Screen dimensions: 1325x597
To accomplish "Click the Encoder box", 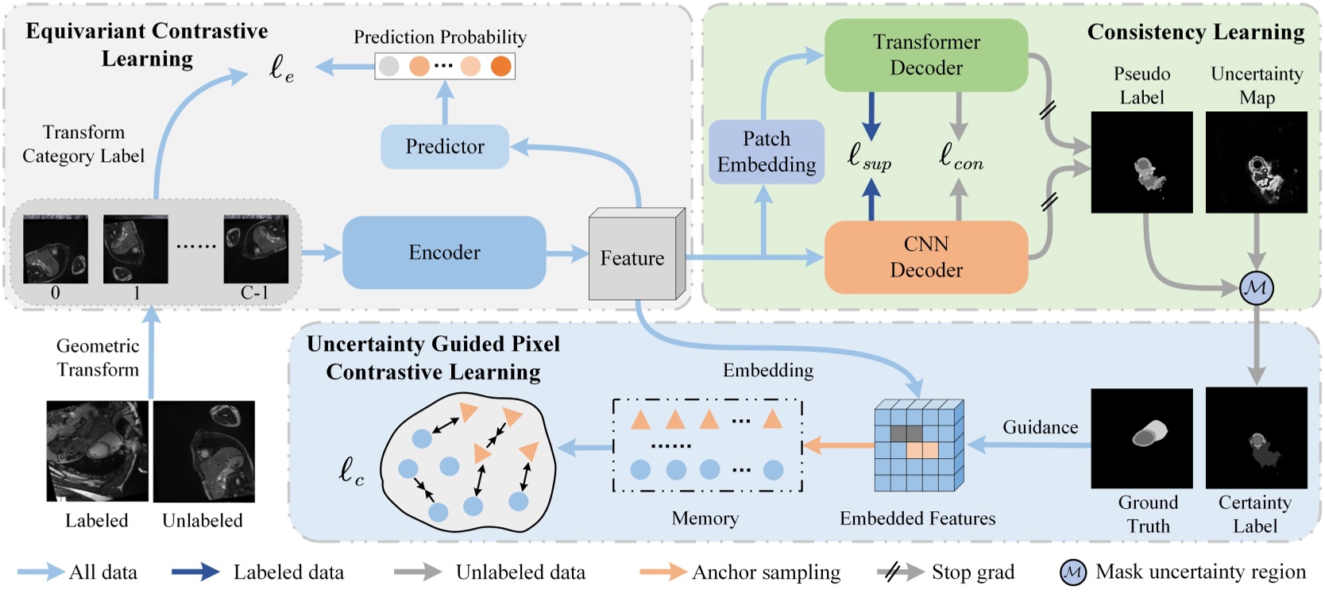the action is pos(444,252).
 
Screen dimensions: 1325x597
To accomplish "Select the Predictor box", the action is pos(445,147).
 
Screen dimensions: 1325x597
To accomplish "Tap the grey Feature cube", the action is pos(637,254).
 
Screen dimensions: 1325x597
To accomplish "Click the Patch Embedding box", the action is pos(767,152).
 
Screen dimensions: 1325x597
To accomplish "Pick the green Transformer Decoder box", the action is pos(926,55).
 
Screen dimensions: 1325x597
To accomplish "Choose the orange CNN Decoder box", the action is pos(926,257).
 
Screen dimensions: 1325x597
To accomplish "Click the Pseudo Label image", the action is pos(1142,162).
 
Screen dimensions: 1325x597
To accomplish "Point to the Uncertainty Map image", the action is pos(1257,162).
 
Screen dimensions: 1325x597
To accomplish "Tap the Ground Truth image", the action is pos(1142,438).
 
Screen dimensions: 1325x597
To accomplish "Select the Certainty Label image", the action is pos(1257,438).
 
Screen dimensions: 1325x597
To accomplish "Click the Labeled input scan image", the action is pos(98,451).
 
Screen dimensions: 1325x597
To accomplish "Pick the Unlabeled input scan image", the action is pos(204,451).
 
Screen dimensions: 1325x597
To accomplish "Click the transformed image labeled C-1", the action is pos(256,248).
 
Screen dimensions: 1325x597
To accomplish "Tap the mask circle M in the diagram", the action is pos(1257,288).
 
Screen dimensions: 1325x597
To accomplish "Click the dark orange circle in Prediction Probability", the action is pos(501,66).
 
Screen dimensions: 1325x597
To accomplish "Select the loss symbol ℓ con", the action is pos(961,157).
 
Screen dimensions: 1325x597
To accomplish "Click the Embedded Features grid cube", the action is pos(919,445).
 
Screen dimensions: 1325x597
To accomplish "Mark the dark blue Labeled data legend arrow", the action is pos(195,572).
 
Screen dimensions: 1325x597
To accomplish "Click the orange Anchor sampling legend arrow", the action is pos(663,572).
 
